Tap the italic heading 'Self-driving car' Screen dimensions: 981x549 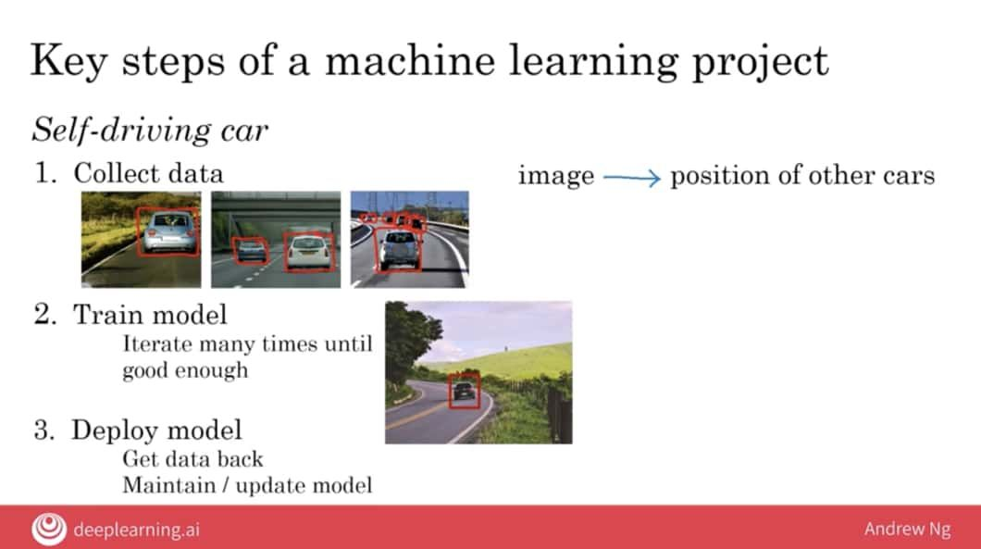pyautogui.click(x=150, y=131)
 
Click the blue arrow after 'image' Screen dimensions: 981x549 pyautogui.click(x=632, y=178)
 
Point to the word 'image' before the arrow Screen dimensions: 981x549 pyautogui.click(x=556, y=176)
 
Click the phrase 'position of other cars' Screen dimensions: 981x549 pyautogui.click(x=802, y=176)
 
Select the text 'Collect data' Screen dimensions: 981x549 pyautogui.click(x=148, y=173)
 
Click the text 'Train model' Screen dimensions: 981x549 pyautogui.click(x=150, y=314)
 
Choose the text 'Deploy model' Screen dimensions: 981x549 pyautogui.click(x=156, y=430)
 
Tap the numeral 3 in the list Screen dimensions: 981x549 pyautogui.click(x=43, y=430)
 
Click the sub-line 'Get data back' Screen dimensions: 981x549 pyautogui.click(x=192, y=459)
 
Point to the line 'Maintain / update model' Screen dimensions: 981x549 pyautogui.click(x=247, y=485)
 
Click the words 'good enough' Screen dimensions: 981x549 pyautogui.click(x=185, y=370)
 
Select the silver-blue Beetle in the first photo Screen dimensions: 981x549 pyautogui.click(x=168, y=231)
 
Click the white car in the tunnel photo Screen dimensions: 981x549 pyautogui.click(x=308, y=252)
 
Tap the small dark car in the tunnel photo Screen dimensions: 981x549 pyautogui.click(x=251, y=250)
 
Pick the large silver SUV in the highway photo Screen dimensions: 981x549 pyautogui.click(x=399, y=249)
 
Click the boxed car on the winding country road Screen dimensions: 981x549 pyautogui.click(x=465, y=391)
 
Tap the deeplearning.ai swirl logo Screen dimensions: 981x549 pyautogui.click(x=49, y=529)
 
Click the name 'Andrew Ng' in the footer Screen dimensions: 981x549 pyautogui.click(x=907, y=529)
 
